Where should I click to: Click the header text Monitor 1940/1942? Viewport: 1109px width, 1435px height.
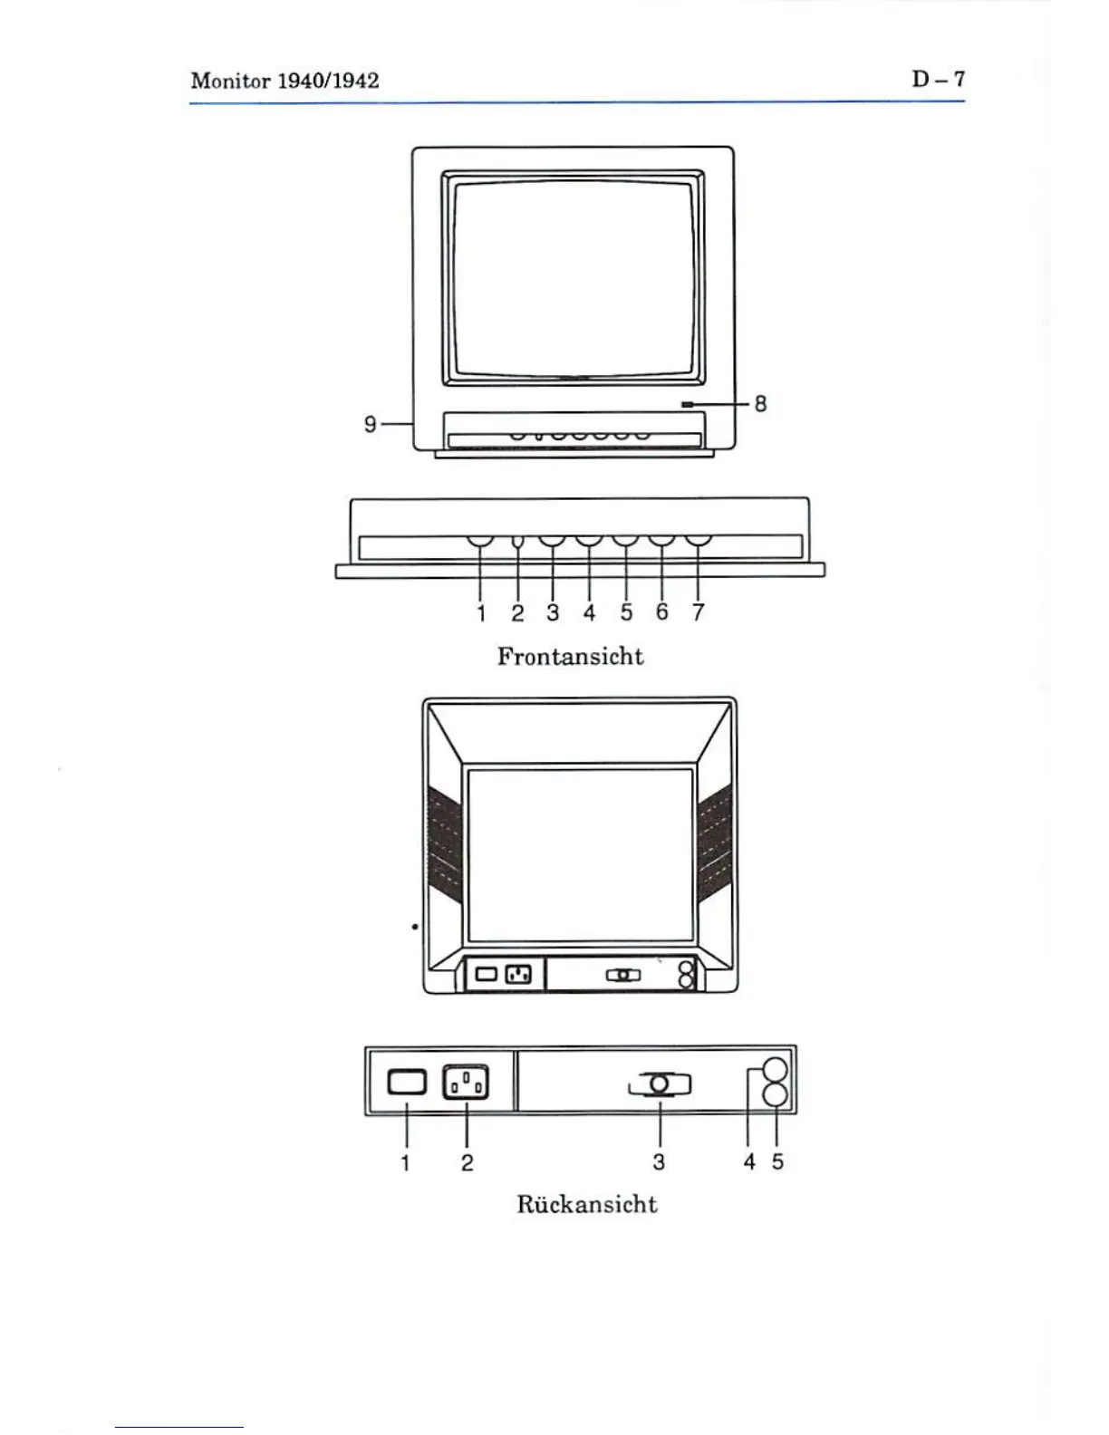coord(284,81)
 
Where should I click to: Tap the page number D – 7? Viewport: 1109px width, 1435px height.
coord(938,79)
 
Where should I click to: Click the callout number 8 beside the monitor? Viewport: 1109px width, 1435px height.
coord(759,404)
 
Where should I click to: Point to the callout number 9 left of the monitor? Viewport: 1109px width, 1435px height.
coord(370,423)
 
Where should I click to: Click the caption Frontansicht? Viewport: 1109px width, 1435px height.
coord(570,656)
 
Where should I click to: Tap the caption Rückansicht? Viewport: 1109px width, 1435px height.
coord(586,1204)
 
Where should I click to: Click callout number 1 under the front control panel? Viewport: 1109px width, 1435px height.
coord(481,613)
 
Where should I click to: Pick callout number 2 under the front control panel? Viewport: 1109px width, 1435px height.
coord(517,613)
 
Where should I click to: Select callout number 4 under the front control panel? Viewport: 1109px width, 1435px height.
coord(589,613)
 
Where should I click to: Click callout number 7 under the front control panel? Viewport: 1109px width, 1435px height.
coord(698,613)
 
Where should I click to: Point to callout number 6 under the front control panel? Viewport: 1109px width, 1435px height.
coord(661,613)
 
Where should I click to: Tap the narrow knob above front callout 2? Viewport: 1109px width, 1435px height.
coord(517,543)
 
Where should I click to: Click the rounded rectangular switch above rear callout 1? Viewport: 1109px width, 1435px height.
coord(406,1083)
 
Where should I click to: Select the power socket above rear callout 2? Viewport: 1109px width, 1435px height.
coord(466,1083)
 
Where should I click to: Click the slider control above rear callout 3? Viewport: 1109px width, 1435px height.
coord(661,1083)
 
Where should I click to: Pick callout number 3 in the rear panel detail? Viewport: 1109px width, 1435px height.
coord(659,1162)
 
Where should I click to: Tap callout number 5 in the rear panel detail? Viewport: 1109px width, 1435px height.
coord(777,1162)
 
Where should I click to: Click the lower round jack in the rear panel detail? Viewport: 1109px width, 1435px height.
coord(776,1096)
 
